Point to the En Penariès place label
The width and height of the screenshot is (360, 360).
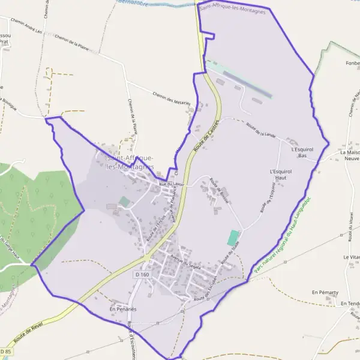pos(123,308)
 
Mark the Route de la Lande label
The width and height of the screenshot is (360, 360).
pos(260,130)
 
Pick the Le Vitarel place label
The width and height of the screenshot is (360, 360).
pos(352,257)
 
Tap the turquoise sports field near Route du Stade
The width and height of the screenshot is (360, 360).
pos(233,238)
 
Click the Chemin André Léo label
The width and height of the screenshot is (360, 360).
pos(33,28)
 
